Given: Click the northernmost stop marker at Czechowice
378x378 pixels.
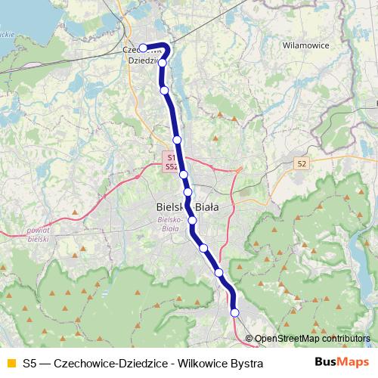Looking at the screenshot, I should pyautogui.click(x=143, y=48).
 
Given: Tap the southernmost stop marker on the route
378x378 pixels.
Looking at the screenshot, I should pyautogui.click(x=234, y=312).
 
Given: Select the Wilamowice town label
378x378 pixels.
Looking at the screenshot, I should pyautogui.click(x=305, y=45).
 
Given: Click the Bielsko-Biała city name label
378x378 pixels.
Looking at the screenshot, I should pyautogui.click(x=186, y=206).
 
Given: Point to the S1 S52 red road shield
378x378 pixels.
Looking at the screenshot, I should pyautogui.click(x=172, y=160).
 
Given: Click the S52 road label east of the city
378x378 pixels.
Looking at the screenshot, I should pyautogui.click(x=302, y=163).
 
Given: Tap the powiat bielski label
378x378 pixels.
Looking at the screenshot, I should pyautogui.click(x=37, y=233).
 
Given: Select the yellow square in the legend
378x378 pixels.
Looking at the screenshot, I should pyautogui.click(x=11, y=364).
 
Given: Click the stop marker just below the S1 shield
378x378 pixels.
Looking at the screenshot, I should pyautogui.click(x=184, y=175).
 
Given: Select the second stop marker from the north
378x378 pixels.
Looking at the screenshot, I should pyautogui.click(x=162, y=63).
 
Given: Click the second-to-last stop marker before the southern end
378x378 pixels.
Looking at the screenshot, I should pyautogui.click(x=218, y=272).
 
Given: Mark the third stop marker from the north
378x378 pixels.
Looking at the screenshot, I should pyautogui.click(x=164, y=91).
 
